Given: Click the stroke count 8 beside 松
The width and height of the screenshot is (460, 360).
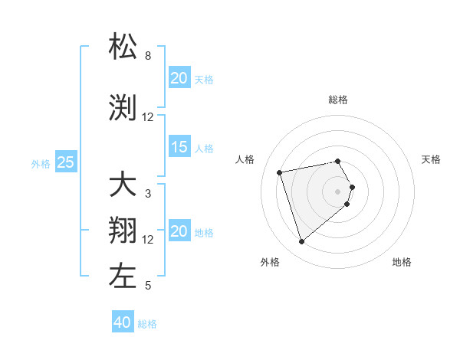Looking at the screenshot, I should click(148, 56).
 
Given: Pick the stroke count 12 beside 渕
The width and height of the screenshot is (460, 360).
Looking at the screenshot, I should click(148, 117).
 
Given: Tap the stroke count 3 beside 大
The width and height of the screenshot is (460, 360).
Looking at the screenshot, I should click(148, 194).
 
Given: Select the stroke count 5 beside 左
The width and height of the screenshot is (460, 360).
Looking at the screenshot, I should click(148, 286).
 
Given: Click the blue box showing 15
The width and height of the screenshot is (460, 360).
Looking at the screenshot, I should click(179, 147).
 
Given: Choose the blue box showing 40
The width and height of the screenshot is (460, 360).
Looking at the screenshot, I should click(122, 322).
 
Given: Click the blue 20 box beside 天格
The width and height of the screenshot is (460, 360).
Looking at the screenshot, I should click(179, 78).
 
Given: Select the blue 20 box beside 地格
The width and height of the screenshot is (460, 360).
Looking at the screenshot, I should click(179, 231).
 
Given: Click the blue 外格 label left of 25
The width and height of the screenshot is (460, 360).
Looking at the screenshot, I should click(41, 163).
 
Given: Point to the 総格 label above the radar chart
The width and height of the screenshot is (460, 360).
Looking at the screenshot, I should click(338, 100).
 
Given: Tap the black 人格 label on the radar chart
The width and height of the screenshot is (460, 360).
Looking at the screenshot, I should click(245, 159).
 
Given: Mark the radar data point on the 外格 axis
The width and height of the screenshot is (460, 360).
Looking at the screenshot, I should click(301, 242).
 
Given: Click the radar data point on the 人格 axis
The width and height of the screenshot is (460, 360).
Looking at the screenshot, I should click(280, 172).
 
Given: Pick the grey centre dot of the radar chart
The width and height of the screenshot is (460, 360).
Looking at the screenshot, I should click(337, 191).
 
